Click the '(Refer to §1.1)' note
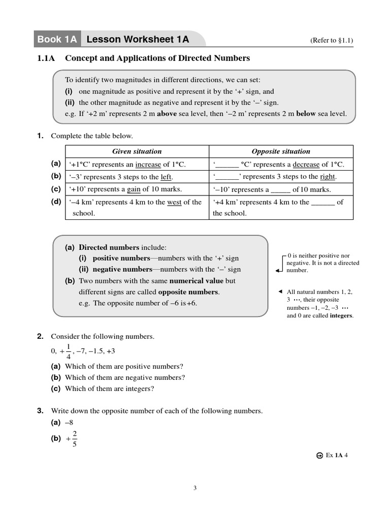point(331,41)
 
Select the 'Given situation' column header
point(137,151)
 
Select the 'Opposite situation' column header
point(281,151)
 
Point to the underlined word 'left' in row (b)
point(166,177)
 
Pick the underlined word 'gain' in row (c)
point(134,189)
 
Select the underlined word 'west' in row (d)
point(174,202)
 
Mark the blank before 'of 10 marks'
point(280,190)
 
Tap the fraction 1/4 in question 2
point(69,351)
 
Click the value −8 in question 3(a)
point(70,422)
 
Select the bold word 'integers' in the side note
point(341,316)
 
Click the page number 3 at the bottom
point(195,489)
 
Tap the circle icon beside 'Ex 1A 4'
point(319,456)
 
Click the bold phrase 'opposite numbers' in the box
point(188,292)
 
